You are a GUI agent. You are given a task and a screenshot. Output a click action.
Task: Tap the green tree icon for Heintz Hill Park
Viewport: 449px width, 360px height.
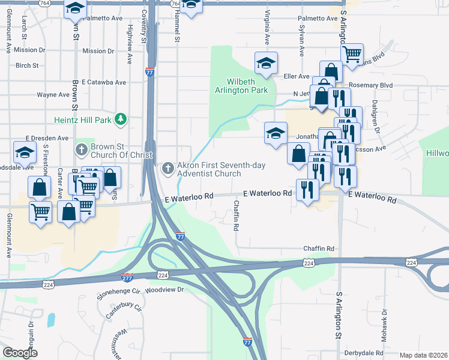coord(121,119)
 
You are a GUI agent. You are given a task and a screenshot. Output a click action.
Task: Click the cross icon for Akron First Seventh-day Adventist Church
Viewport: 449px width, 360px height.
coord(167,167)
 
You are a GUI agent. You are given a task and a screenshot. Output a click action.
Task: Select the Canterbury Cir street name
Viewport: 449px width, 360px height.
coord(123,311)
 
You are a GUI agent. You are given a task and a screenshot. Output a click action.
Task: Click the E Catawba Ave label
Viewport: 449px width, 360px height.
coord(104,82)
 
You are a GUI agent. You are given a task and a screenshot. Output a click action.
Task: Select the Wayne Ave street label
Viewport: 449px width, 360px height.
coord(53,95)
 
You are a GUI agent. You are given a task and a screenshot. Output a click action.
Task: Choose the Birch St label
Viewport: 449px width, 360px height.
coord(28,65)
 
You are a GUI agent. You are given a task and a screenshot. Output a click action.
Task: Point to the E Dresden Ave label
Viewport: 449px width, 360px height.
coord(47,138)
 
